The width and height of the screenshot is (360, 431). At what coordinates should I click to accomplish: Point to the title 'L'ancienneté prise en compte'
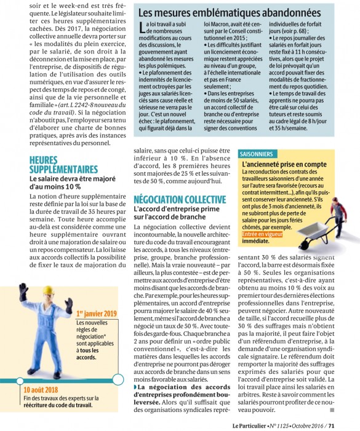click(x=284, y=165)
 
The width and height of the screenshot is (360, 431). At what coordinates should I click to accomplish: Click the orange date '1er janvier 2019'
click(x=96, y=314)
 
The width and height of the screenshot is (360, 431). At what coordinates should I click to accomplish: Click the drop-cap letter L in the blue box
click(x=143, y=25)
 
